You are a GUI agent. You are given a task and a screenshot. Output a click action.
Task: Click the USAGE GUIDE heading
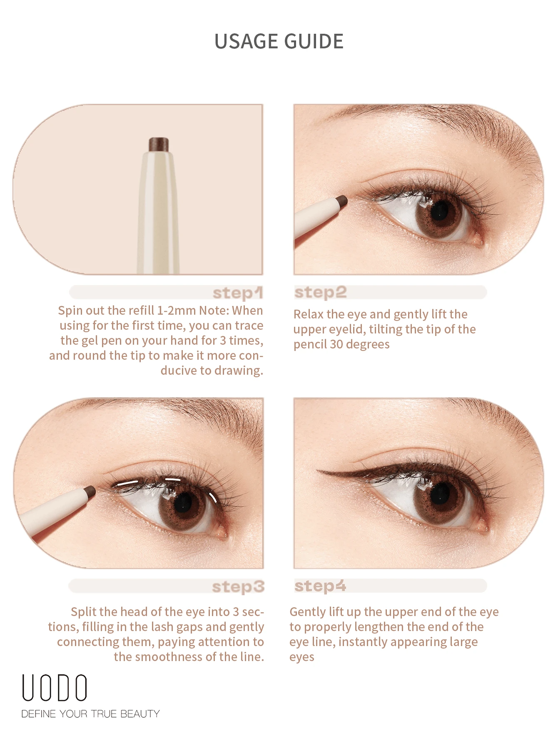click(279, 41)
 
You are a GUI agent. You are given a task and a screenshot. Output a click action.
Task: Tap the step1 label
click(237, 293)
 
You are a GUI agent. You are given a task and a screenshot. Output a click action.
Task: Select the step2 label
click(320, 292)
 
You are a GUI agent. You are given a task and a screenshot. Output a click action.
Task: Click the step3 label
click(238, 586)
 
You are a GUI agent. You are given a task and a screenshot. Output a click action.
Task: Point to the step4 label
click(320, 586)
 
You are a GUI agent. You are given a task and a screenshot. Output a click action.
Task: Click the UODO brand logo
click(55, 688)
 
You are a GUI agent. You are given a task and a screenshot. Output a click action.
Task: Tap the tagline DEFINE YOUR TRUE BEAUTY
click(90, 714)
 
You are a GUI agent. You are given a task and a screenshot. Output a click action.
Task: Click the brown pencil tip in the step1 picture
click(159, 144)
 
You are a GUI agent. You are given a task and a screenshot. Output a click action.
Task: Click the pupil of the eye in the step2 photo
click(439, 212)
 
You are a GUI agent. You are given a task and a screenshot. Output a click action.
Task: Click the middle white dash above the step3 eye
click(172, 479)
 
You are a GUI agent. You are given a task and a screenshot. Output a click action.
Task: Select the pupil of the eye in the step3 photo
click(182, 504)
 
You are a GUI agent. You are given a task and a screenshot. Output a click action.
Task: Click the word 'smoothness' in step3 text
click(169, 657)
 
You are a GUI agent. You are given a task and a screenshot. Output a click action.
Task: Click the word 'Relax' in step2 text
click(309, 314)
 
